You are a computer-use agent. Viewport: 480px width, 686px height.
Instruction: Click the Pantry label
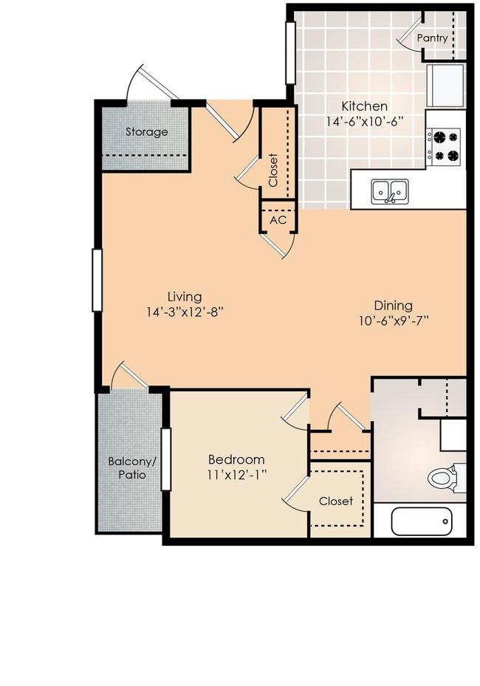point(432,38)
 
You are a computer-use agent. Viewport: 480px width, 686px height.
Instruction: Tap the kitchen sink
point(390,192)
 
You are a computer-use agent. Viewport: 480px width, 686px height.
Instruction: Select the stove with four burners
point(444,147)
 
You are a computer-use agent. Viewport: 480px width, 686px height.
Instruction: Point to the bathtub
point(422,521)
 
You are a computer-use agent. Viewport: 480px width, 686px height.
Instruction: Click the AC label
point(278,220)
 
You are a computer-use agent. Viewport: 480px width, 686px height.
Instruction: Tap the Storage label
point(146,131)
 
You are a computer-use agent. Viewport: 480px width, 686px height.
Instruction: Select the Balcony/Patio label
point(132,467)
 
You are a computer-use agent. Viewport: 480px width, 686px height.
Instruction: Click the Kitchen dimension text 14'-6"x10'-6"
point(364,121)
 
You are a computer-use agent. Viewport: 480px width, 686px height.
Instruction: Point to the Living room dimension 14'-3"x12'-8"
point(185,312)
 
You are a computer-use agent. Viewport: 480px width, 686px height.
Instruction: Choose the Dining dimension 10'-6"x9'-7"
point(393,320)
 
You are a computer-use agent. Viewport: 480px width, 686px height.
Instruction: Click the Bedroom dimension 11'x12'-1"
point(237,475)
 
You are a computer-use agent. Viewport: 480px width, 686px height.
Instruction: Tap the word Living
point(185,297)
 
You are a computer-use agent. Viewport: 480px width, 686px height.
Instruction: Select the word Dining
point(393,306)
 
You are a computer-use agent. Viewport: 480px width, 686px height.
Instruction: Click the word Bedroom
point(236,459)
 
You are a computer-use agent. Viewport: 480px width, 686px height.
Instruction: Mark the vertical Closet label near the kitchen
point(273,170)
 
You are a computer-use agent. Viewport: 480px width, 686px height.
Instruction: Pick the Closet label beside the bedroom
point(335,501)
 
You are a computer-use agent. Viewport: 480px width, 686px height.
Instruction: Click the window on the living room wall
point(97,280)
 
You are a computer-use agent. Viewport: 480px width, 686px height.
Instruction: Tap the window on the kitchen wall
point(290,52)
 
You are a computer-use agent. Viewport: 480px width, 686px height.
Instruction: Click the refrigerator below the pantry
point(446,86)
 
